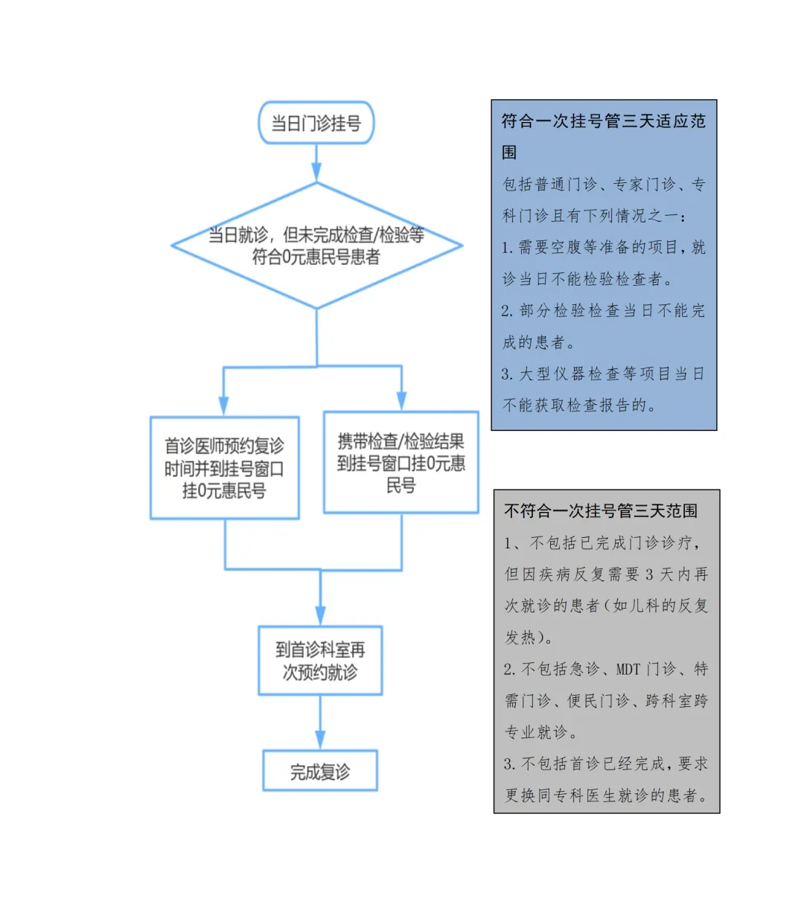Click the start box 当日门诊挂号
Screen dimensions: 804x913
pos(316,123)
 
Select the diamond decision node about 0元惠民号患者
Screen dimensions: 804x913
pos(316,246)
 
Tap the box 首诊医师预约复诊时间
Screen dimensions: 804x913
pos(225,468)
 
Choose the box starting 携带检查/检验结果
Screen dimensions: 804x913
pos(401,462)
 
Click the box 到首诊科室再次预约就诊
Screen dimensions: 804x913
pos(320,661)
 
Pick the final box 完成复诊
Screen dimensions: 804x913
pos(320,772)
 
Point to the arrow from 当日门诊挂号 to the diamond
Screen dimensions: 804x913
pos(316,163)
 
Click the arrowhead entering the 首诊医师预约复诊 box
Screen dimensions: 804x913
pos(223,406)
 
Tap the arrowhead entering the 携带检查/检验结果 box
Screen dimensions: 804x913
pos(401,401)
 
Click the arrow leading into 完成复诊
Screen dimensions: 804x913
pos(320,723)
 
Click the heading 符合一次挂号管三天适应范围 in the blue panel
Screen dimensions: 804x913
pos(603,137)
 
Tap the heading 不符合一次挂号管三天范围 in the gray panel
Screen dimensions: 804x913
pos(601,510)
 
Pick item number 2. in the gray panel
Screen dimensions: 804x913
pos(510,670)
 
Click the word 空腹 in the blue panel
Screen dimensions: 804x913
pos(566,247)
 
